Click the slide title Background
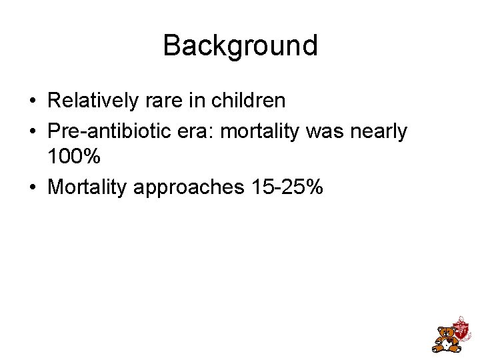[x=240, y=45]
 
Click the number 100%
[x=74, y=157]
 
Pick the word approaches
[x=189, y=187]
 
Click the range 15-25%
[x=287, y=187]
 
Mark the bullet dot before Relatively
[x=33, y=101]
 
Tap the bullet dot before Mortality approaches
[x=33, y=188]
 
